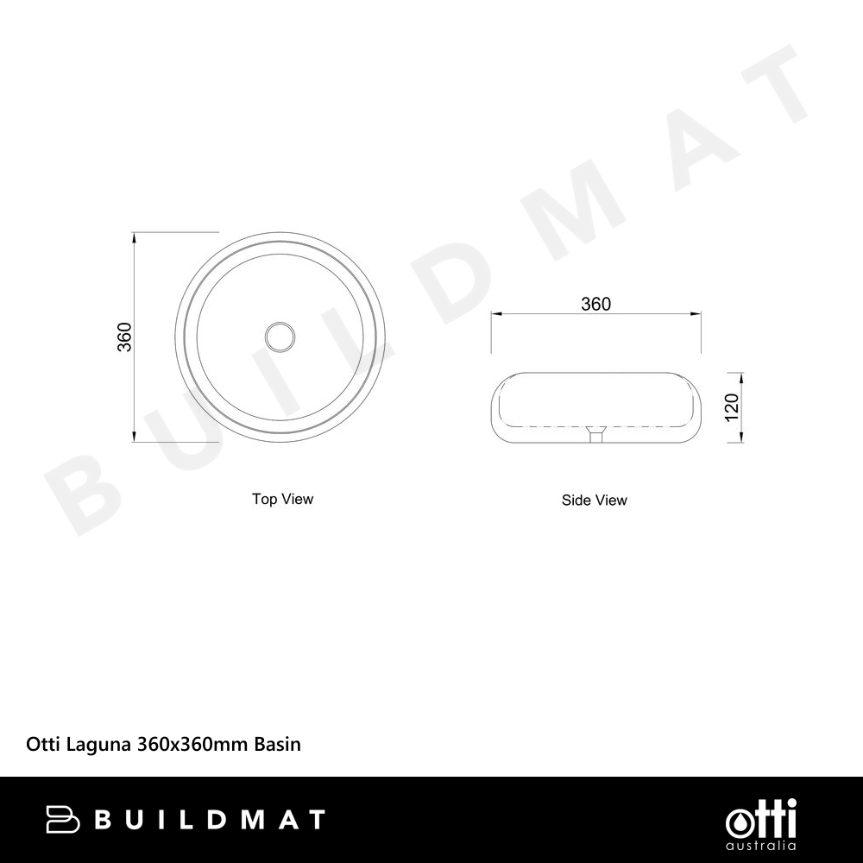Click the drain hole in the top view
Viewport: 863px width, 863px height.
[280, 336]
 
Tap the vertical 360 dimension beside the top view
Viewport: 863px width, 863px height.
[125, 337]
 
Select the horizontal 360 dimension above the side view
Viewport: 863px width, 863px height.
[596, 304]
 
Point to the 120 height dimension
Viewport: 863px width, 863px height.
[732, 407]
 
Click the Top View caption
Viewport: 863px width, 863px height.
[282, 499]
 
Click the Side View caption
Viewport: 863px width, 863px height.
[595, 500]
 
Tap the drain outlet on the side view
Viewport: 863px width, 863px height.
[595, 434]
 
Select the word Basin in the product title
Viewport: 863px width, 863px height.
[277, 744]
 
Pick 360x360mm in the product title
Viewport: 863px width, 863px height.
[192, 744]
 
